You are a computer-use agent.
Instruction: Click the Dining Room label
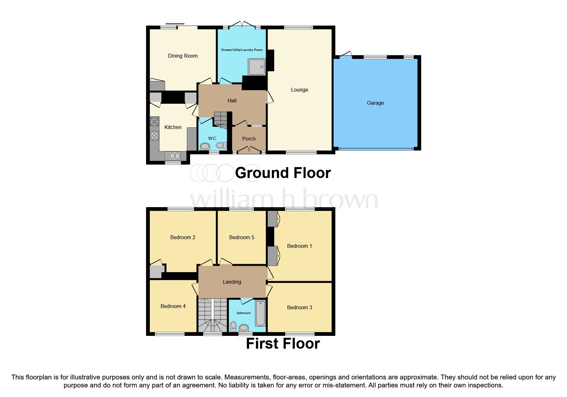[182, 56]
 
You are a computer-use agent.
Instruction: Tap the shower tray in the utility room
[257, 67]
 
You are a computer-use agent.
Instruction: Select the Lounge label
[299, 90]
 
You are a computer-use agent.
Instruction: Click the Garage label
[375, 103]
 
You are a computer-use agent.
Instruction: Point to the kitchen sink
[173, 156]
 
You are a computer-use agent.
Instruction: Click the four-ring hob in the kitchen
[154, 135]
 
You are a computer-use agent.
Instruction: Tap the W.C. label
[213, 138]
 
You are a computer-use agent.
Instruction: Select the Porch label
[249, 139]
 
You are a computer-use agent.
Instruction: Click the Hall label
[232, 101]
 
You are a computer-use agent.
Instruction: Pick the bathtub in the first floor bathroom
[260, 313]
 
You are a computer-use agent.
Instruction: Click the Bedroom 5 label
[241, 237]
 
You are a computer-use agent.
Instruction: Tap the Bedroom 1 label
[299, 246]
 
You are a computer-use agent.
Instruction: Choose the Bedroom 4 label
[173, 306]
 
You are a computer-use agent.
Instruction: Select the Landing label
[232, 282]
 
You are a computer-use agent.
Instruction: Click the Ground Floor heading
[283, 173]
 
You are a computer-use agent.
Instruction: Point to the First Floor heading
[283, 344]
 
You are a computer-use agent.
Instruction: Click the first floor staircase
[212, 315]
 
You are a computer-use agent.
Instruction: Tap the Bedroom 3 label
[299, 307]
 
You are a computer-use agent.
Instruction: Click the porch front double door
[249, 149]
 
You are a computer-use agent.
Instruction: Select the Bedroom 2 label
[182, 237]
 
